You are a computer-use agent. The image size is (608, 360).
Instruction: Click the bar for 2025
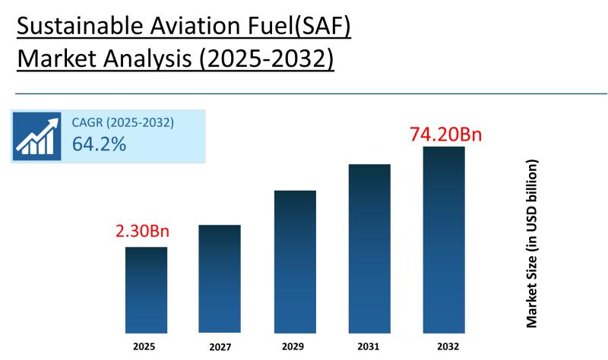(146, 290)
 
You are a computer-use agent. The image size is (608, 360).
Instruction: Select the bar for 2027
(220, 279)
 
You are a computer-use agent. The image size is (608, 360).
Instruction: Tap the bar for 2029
(295, 262)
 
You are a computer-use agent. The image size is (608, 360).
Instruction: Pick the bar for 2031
(369, 248)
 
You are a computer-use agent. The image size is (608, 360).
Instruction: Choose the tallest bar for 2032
(443, 240)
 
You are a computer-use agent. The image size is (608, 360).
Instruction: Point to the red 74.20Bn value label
(446, 134)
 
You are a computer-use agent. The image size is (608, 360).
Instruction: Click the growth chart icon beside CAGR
(36, 136)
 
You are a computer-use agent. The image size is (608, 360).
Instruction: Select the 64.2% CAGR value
(99, 144)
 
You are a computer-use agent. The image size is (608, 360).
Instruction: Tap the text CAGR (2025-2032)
(122, 122)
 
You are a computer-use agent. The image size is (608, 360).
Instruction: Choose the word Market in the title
(58, 59)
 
